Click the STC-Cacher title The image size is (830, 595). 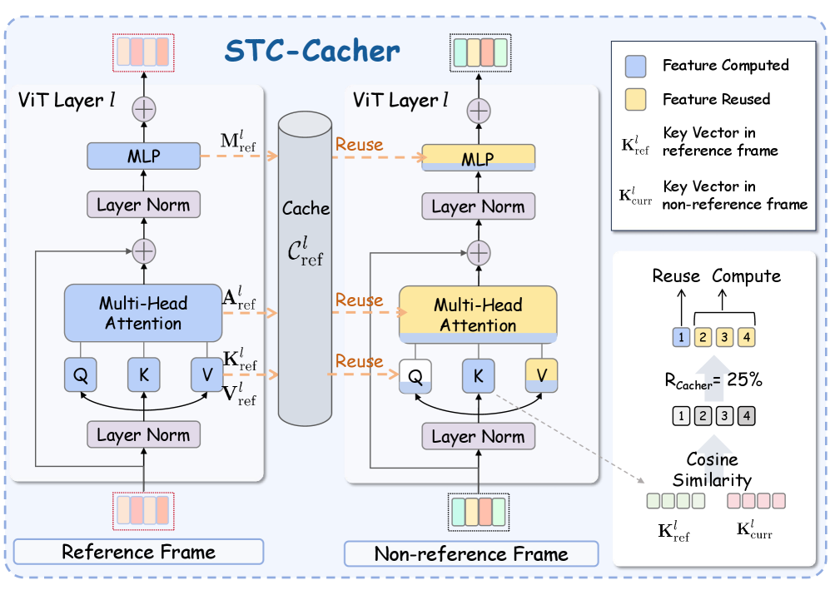click(x=312, y=51)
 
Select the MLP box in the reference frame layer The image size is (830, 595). click(x=144, y=155)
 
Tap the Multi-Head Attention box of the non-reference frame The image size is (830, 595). click(x=478, y=315)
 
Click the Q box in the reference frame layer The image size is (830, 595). click(x=81, y=375)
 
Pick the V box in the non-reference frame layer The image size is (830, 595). click(x=542, y=375)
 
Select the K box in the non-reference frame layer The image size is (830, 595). click(x=478, y=375)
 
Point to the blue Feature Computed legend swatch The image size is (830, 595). click(x=635, y=66)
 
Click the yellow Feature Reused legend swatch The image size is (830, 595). click(x=635, y=99)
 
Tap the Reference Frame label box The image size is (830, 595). click(x=138, y=552)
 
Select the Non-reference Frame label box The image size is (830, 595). click(x=471, y=553)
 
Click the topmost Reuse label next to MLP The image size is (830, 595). click(x=359, y=145)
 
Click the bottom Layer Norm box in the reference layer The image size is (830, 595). click(x=143, y=434)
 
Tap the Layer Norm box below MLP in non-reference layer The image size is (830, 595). click(x=478, y=206)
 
